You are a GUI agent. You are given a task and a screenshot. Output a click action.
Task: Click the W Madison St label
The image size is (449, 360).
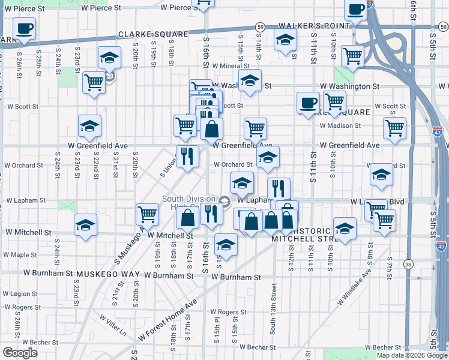pyautogui.click(x=340, y=126)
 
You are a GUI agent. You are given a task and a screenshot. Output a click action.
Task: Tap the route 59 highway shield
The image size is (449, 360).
pyautogui.click(x=260, y=27)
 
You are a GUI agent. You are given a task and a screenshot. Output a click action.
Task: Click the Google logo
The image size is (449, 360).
pyautogui.click(x=20, y=353)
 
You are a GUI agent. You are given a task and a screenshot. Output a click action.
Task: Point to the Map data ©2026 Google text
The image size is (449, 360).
pyautogui.click(x=411, y=355)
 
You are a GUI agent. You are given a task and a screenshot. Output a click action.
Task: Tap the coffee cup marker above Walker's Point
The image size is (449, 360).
pyautogui.click(x=356, y=10)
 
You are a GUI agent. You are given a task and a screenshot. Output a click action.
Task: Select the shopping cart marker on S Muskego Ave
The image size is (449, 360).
pyautogui.click(x=147, y=213)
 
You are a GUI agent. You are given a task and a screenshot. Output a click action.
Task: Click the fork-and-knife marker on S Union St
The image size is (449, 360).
pyautogui.click(x=187, y=157)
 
